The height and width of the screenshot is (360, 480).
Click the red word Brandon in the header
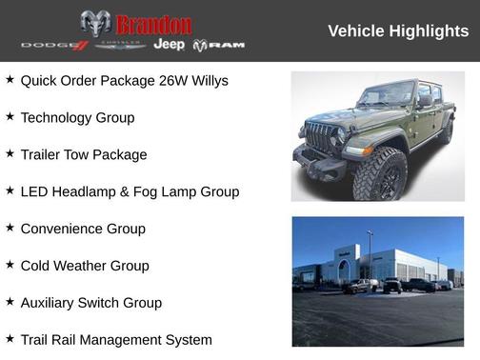pos(153,24)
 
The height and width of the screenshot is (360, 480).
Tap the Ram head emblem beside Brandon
pos(96,23)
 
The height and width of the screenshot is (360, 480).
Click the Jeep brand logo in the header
pos(170,45)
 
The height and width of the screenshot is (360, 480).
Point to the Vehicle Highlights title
pos(398,31)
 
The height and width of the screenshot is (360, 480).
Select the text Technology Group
pos(77,118)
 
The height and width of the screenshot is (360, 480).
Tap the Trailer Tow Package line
pos(84,155)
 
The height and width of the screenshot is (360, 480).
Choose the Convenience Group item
pos(83,230)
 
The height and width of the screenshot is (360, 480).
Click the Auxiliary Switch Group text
pos(91,304)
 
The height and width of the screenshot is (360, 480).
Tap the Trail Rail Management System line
pos(116,340)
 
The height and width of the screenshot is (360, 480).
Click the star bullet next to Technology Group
pos(10,116)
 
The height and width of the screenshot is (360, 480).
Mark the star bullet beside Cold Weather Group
pos(10,265)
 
